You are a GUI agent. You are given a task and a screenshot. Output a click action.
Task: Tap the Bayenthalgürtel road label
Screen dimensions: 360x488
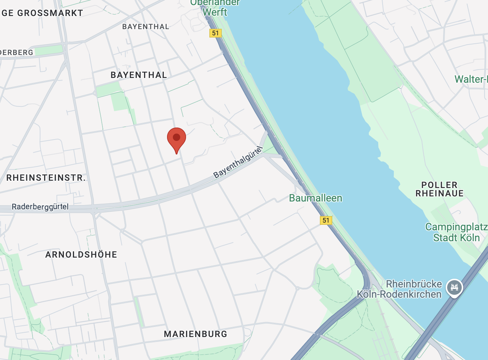coord(238,162)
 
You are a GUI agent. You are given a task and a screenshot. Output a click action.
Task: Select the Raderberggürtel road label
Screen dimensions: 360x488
coord(40,207)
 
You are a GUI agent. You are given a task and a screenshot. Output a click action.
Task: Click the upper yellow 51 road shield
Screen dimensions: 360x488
coord(216,33)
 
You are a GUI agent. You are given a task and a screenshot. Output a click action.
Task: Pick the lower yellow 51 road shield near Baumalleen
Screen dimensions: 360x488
coord(326,220)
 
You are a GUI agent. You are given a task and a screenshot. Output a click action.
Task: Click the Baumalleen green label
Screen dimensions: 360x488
coord(315,198)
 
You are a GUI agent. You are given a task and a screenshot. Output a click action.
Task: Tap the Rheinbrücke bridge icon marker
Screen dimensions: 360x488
coord(454,287)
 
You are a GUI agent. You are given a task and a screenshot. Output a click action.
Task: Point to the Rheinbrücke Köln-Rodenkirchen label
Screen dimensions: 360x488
coord(399,289)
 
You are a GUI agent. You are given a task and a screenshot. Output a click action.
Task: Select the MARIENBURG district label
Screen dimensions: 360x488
coord(195,334)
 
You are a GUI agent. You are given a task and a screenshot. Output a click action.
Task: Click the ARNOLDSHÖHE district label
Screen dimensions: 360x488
coord(81,254)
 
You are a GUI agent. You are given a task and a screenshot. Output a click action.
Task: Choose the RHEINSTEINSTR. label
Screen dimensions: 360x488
coord(46,178)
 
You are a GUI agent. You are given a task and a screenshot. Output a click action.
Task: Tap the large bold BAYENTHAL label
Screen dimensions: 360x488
coord(139,75)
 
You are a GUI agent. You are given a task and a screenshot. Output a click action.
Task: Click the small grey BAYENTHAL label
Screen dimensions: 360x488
coord(146,27)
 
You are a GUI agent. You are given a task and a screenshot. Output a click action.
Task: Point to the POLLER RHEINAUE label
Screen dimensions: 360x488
coord(439,189)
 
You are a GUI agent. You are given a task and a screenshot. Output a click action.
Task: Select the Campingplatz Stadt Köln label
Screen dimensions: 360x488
coord(456,232)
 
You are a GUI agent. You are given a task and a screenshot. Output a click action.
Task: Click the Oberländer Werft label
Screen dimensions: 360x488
coord(215,7)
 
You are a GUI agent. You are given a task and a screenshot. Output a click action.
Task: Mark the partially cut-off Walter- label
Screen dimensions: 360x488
coord(471,79)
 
